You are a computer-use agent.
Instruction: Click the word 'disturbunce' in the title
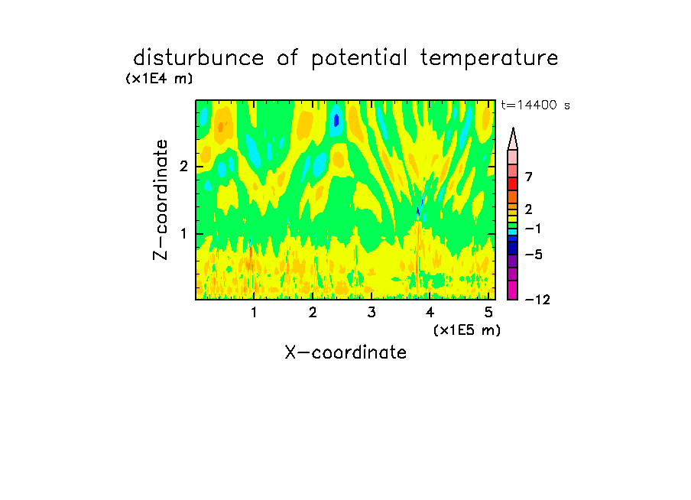[198, 58]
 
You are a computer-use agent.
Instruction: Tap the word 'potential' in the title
[359, 59]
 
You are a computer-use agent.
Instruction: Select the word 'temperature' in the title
[489, 59]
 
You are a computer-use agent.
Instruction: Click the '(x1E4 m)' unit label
[159, 79]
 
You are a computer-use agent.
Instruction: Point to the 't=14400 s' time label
[535, 105]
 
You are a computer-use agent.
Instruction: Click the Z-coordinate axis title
[161, 200]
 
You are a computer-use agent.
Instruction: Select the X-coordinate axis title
[345, 352]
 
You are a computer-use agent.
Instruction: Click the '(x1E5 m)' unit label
[467, 330]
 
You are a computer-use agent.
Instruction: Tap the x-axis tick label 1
[255, 313]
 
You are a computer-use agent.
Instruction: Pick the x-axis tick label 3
[371, 313]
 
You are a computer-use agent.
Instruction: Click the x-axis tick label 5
[488, 313]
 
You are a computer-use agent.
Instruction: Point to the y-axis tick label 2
[183, 167]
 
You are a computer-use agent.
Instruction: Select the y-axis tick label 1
[183, 234]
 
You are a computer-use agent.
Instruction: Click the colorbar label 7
[529, 177]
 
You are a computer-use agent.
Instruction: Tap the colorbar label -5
[534, 255]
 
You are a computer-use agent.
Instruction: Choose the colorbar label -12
[537, 300]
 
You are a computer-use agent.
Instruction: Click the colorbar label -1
[533, 229]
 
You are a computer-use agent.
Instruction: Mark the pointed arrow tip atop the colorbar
[513, 128]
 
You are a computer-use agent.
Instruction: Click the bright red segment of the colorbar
[513, 183]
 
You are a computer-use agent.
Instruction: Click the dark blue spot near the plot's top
[336, 120]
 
